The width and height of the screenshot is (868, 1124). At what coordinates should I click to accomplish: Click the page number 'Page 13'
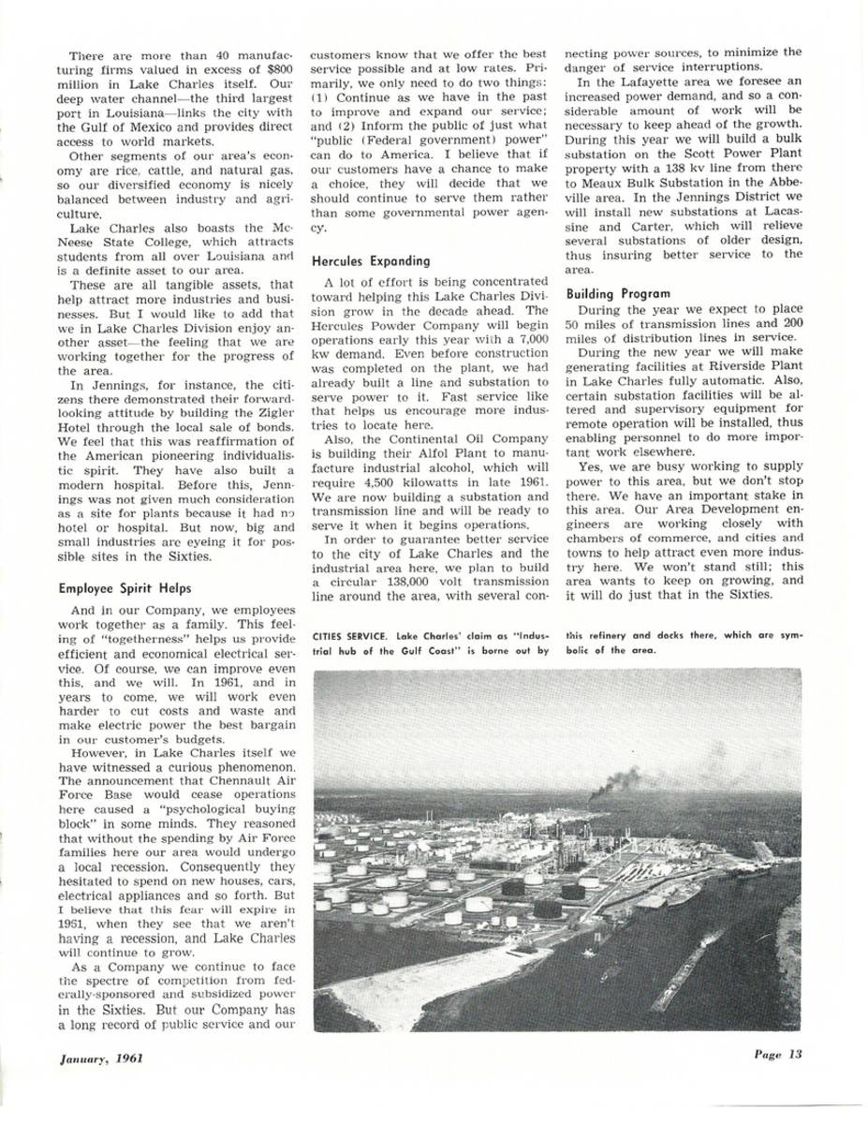[777, 1053]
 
